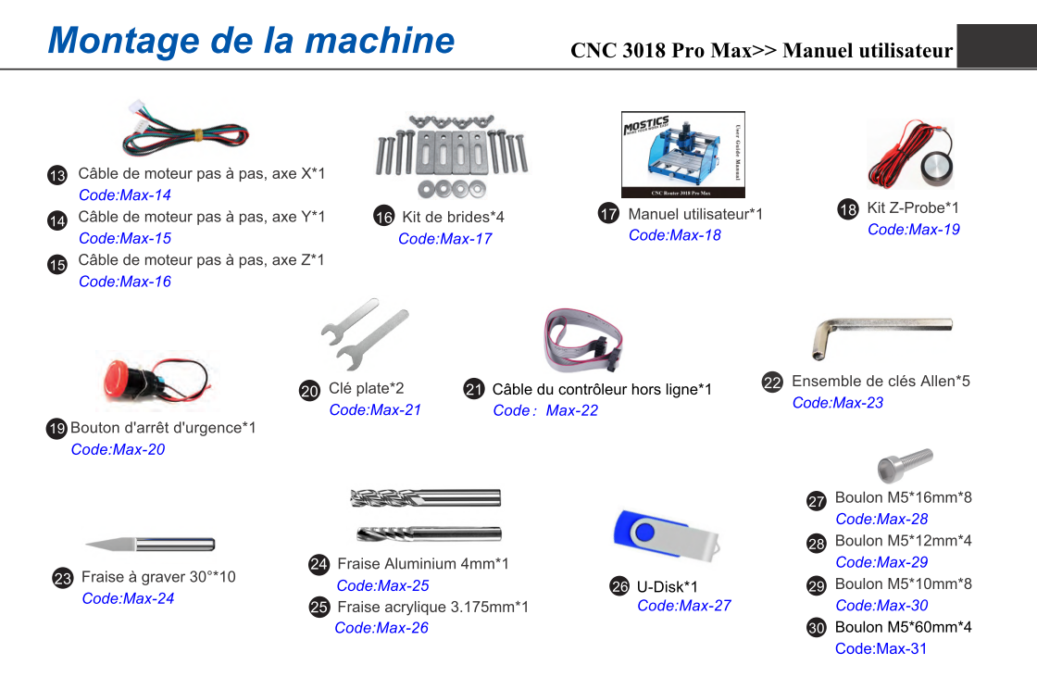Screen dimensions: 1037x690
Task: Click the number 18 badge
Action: (847, 209)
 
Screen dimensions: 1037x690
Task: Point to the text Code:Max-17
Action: (444, 239)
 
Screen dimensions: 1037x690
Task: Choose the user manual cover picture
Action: (683, 154)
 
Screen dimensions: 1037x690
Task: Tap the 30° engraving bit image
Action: (151, 545)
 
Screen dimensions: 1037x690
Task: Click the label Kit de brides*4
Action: (453, 217)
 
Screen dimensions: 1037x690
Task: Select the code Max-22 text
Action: (571, 411)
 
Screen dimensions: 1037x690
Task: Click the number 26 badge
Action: (619, 586)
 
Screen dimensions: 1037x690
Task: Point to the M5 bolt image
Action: (905, 465)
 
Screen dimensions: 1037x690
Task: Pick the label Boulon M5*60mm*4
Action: (904, 627)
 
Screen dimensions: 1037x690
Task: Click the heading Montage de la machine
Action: (251, 41)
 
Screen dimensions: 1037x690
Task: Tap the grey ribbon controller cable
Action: (582, 340)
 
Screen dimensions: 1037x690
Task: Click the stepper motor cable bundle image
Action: (185, 129)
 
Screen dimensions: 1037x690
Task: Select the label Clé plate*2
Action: (366, 388)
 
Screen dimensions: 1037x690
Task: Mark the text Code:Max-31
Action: (881, 649)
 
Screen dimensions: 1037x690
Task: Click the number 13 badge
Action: (56, 175)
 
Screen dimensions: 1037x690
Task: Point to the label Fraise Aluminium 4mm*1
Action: (423, 564)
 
